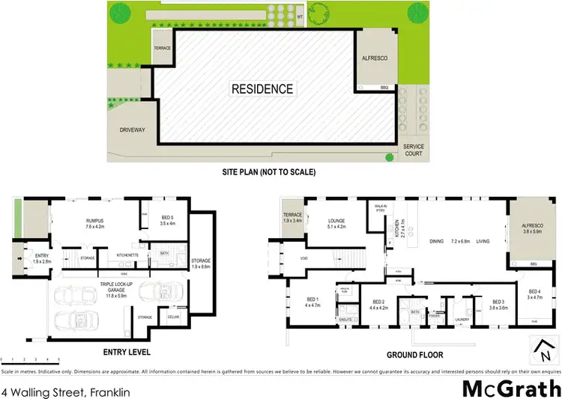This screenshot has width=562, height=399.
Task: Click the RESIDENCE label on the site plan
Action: coord(262,89)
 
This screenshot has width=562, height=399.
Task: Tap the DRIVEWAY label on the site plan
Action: coord(131,130)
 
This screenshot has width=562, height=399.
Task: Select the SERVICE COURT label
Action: coord(414,150)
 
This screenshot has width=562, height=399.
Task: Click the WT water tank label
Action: coord(300,15)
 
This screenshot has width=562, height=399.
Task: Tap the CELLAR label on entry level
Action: coord(174,317)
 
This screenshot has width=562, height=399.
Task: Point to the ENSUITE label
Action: coord(345,320)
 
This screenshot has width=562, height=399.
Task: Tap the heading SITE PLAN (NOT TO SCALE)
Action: coord(269,172)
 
